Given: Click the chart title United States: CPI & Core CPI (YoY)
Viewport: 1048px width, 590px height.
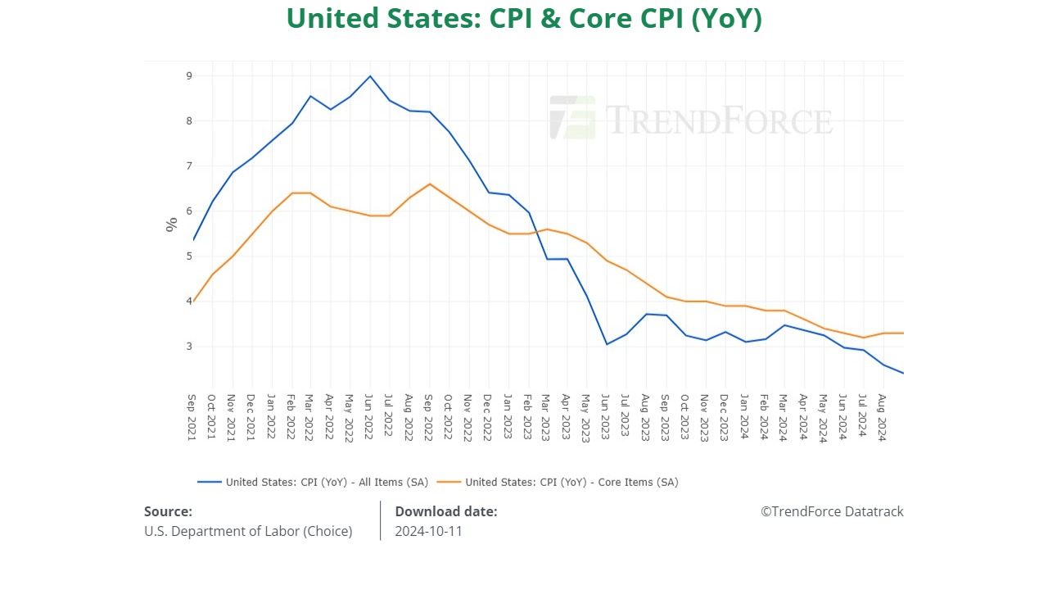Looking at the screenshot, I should coord(524,18).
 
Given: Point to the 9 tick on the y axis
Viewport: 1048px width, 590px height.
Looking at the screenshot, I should coord(188,76).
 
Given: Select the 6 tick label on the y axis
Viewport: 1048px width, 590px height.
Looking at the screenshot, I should coord(188,211).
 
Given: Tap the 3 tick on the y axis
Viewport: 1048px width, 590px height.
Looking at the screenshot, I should coord(188,347).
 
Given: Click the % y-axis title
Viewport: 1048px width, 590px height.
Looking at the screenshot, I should coord(171,225).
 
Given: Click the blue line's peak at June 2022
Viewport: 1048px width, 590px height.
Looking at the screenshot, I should coord(370,76).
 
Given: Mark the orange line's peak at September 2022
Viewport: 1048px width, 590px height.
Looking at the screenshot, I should coord(430,184).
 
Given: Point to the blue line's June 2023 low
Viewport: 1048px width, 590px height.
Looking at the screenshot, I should coord(607,344).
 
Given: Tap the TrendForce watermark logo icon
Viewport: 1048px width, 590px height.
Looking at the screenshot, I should coord(572,118).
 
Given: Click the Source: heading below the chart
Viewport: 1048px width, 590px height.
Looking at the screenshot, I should coord(168,511).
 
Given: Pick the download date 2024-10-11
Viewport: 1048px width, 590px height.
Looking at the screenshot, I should coord(428,531).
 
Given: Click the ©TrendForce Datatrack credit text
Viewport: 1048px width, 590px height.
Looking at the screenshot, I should coord(832,511).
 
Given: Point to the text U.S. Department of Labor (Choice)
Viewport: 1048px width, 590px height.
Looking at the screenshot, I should coord(248,531).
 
